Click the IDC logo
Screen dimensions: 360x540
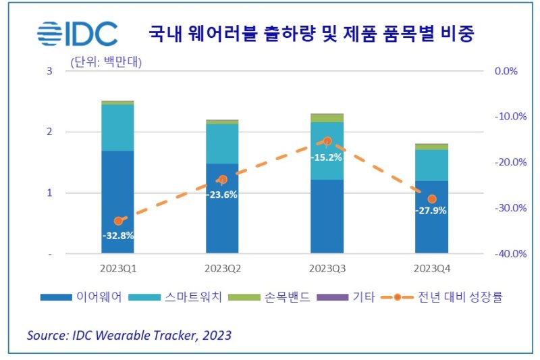[x=77, y=34]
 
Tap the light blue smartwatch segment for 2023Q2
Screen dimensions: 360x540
[x=222, y=143]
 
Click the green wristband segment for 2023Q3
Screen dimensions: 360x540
[x=327, y=118]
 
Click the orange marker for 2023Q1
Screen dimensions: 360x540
[x=118, y=221]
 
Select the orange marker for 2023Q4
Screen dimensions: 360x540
[x=432, y=199]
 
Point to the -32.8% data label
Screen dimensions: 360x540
[x=118, y=236]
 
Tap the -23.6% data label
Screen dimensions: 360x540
[x=222, y=195]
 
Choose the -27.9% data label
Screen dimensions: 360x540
[x=431, y=211]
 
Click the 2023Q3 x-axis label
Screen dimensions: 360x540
[x=327, y=268]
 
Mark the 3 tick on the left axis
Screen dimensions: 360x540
[x=49, y=71]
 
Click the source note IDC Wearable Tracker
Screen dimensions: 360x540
[x=129, y=335]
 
